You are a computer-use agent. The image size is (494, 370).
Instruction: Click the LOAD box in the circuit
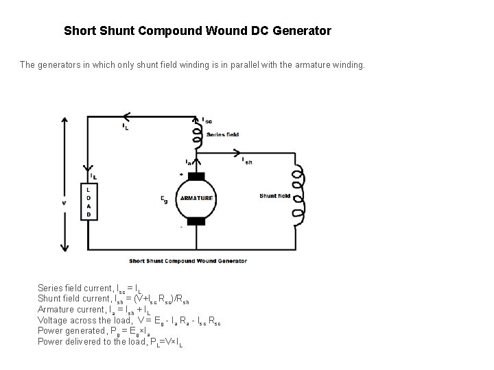point(89,201)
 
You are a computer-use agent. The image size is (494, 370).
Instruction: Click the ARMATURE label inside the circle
point(197,199)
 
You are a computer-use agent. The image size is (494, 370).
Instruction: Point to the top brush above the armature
point(197,177)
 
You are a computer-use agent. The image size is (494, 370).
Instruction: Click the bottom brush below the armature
point(197,221)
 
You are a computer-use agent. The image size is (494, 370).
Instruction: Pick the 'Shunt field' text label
point(274,196)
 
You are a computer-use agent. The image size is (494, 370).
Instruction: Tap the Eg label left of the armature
point(164,199)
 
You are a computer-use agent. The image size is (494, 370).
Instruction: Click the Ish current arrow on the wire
point(237,153)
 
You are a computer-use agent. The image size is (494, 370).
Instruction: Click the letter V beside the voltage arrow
point(64,202)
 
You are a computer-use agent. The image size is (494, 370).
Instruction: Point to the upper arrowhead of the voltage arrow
point(64,120)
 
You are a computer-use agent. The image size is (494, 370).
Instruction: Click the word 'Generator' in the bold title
point(301,31)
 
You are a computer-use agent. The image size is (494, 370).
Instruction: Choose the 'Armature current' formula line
point(96,310)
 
